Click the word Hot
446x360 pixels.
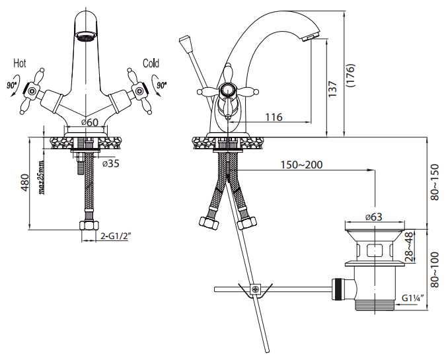(x=20, y=63)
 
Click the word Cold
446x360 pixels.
(x=151, y=63)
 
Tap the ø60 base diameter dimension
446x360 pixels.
(x=90, y=122)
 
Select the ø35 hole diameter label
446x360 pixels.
(x=111, y=164)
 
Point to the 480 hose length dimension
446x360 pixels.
(x=24, y=182)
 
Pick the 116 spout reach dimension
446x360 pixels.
(x=274, y=117)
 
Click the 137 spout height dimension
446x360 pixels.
(x=332, y=89)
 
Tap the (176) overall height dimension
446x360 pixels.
(x=351, y=75)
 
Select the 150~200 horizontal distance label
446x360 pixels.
(x=302, y=164)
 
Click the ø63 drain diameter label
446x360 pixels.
(x=374, y=217)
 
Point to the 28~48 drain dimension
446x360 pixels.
(x=409, y=247)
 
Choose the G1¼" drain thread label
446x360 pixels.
(x=412, y=298)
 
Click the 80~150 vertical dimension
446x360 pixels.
(x=435, y=182)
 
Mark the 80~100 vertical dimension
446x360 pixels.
(x=435, y=270)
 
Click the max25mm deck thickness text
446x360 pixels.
(x=42, y=178)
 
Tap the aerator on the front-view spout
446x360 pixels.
(x=86, y=36)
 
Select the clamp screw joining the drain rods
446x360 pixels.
(x=255, y=289)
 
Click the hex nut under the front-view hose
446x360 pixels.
(x=89, y=225)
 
